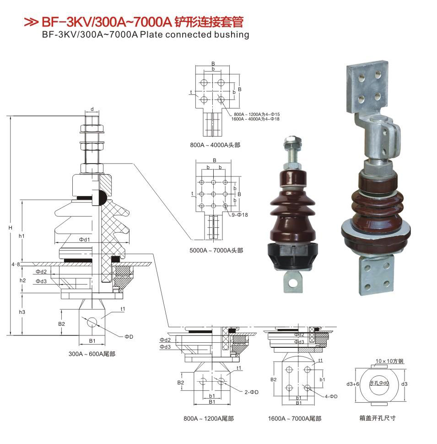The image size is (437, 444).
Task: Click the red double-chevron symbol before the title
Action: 31,22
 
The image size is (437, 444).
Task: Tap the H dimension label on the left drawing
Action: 11,228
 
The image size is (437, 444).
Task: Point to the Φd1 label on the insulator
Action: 84,240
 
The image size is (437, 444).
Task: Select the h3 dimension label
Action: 22,312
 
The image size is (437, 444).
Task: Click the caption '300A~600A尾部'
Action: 92,354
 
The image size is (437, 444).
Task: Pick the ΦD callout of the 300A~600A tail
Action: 129,337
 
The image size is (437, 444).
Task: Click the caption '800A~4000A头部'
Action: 215,145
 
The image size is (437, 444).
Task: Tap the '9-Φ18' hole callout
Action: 240,215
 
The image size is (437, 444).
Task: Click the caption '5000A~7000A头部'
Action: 216,250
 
